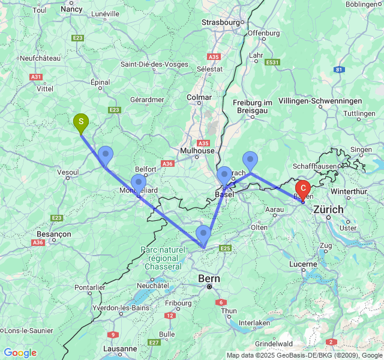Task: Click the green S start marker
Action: coord(80,122)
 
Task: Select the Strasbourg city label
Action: coord(220,22)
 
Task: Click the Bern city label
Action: coord(209,279)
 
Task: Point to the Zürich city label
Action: coord(328,209)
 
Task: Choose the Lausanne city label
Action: coord(120,349)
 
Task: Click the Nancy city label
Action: coord(71,9)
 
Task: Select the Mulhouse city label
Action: coord(197,151)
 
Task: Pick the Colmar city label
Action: coord(199,97)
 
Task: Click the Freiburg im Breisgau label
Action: coord(253,107)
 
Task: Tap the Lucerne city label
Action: coord(302,264)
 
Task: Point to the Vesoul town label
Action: coord(68,172)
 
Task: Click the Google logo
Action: coord(20,353)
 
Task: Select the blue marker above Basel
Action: coord(224,175)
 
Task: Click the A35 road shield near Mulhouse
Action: coord(203,143)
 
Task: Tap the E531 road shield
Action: coord(273,62)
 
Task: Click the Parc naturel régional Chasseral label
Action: coord(161,258)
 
